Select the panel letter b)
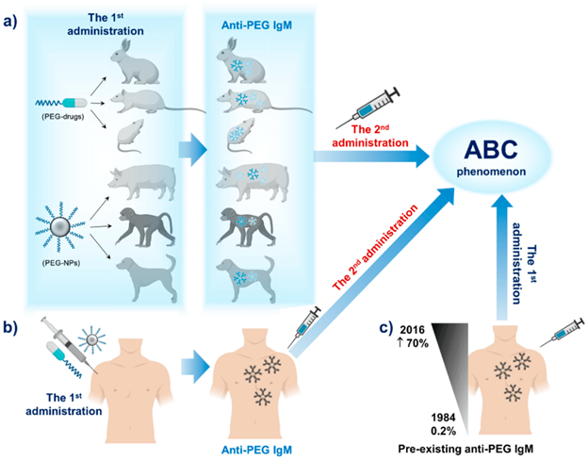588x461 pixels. (13, 327)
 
